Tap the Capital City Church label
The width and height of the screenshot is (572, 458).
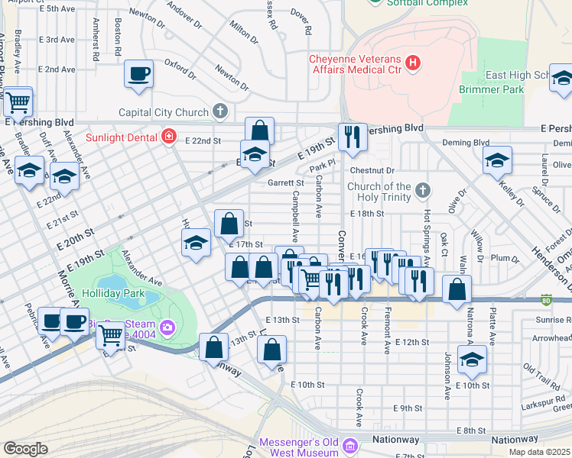(164, 112)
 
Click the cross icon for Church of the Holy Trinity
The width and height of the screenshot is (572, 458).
(421, 189)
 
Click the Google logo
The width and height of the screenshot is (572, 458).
(25, 449)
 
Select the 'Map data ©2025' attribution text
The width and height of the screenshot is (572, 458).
(539, 452)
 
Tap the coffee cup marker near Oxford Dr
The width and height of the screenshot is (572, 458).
(138, 75)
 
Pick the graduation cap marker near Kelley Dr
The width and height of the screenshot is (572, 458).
(497, 160)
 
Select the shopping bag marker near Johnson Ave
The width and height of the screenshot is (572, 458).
(457, 291)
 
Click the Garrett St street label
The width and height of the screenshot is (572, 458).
(286, 183)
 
